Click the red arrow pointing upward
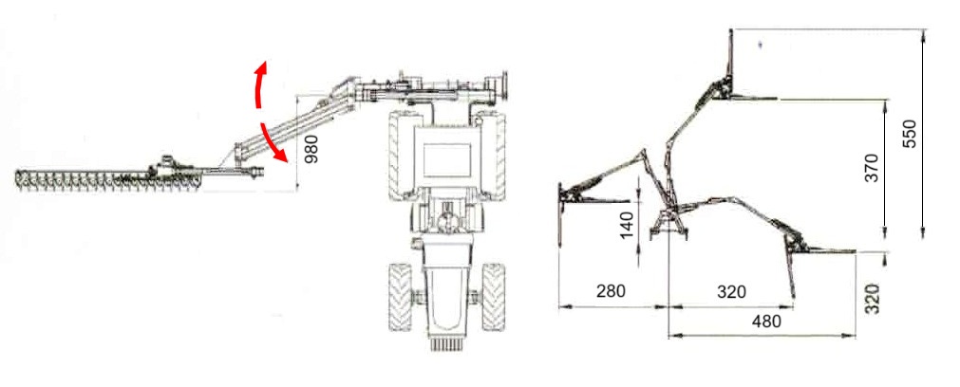[259, 84]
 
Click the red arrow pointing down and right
[273, 143]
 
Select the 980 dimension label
[311, 149]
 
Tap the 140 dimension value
[628, 225]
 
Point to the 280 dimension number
[611, 291]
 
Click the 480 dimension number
[766, 321]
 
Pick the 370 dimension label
[872, 168]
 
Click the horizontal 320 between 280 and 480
[732, 291]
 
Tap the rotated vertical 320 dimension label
[872, 299]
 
